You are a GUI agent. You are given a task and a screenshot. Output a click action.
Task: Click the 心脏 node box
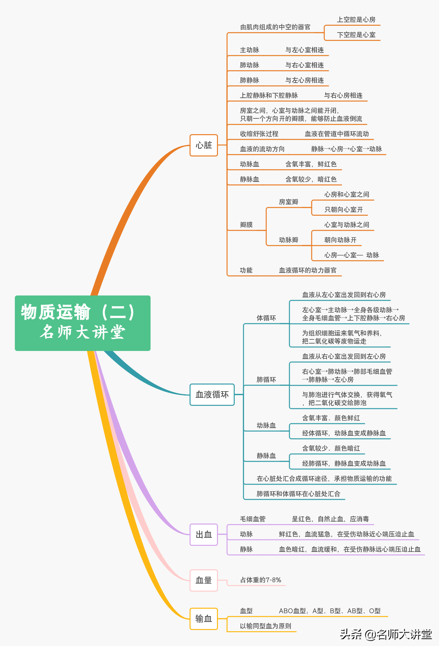point(204,145)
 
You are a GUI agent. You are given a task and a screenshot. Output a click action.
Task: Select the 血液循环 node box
point(212,395)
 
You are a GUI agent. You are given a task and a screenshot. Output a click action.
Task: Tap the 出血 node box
point(204,535)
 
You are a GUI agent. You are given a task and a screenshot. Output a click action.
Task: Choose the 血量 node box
point(204,581)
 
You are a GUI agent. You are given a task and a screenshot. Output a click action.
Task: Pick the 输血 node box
point(204,619)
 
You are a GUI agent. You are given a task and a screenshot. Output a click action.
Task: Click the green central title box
point(83,323)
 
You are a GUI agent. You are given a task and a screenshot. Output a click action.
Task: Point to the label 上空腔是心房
point(356,20)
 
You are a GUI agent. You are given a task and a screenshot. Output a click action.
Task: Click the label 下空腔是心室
point(356,35)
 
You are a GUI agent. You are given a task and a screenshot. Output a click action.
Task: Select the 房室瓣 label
point(289,202)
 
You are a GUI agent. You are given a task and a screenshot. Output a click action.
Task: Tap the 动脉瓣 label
point(289,240)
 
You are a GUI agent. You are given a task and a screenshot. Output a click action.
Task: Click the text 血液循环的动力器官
point(308,270)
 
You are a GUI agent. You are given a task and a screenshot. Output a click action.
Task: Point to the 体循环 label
point(266,318)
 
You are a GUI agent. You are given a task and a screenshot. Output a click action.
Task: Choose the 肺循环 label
point(266,380)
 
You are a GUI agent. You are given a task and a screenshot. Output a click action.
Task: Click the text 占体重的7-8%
point(261,580)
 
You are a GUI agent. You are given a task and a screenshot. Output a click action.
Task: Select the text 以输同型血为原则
point(266,626)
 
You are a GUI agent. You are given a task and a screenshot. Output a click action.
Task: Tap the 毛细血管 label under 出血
point(253,519)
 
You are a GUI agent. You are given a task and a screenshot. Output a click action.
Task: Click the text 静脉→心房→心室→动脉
point(347,149)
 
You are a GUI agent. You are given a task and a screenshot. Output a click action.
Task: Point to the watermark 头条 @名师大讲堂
point(386,635)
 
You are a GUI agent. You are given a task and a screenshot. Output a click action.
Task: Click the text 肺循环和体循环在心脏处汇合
point(298,494)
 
